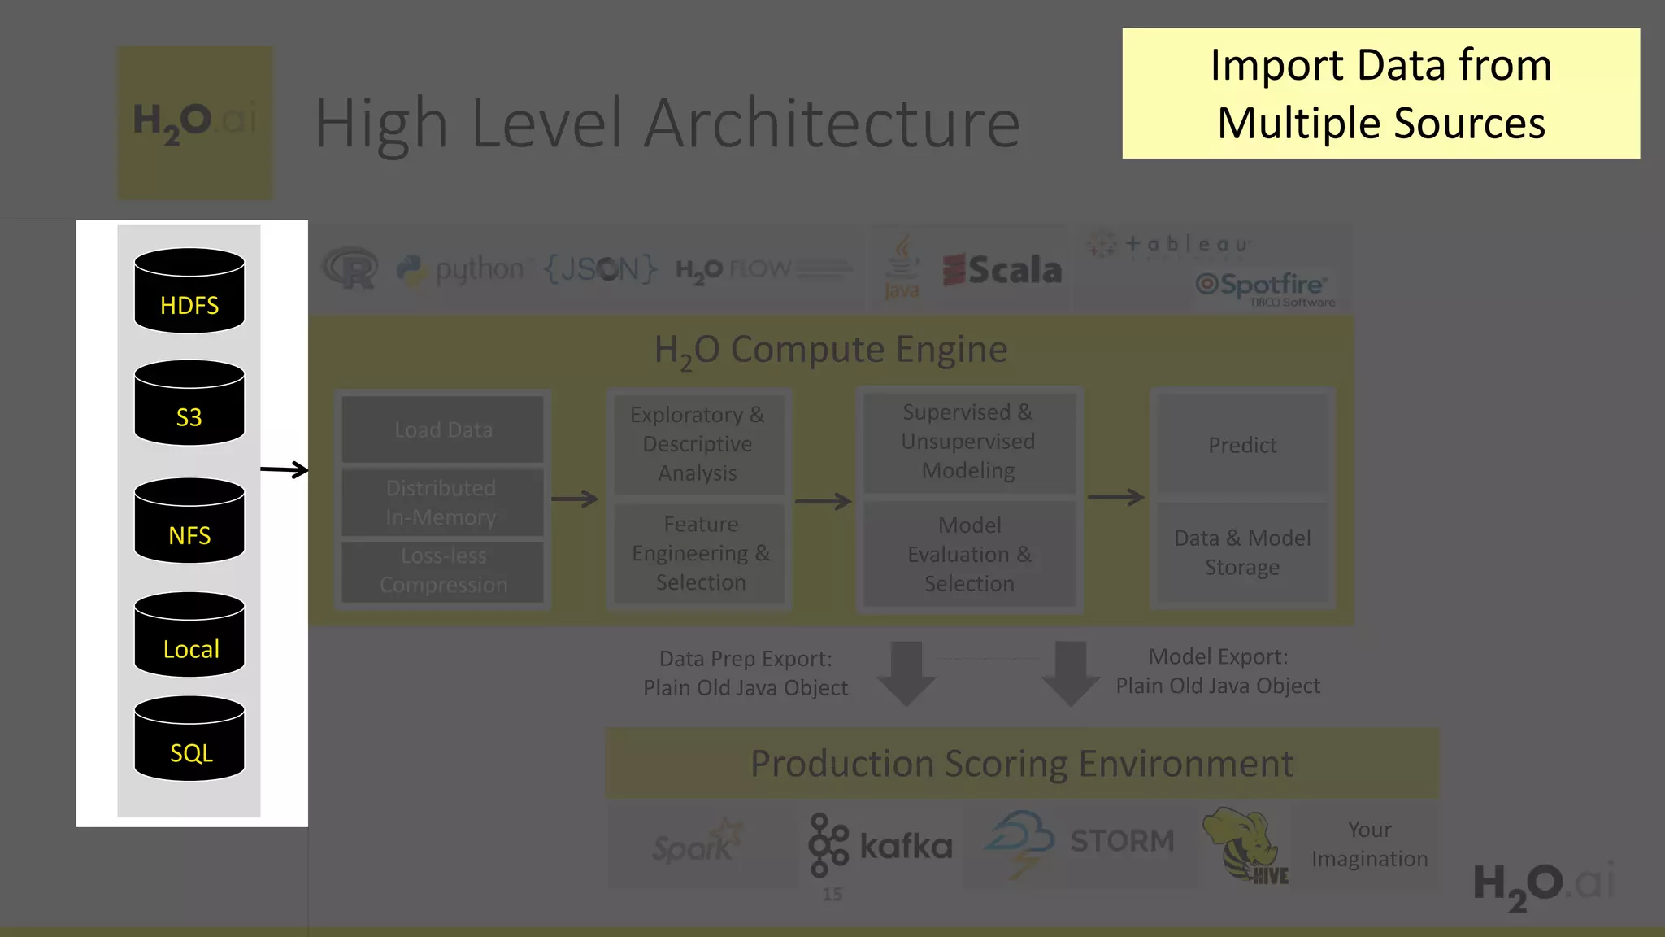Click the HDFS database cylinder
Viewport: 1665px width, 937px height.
point(189,290)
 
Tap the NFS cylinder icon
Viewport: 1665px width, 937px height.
point(189,521)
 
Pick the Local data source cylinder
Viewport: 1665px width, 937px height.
point(189,634)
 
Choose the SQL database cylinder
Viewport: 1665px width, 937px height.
point(189,739)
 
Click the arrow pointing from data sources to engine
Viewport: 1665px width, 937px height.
point(285,469)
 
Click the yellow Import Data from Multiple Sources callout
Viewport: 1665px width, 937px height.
point(1380,94)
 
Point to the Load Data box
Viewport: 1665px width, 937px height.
point(443,429)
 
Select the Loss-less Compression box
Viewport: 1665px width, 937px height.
point(443,570)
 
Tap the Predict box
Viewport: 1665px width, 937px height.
point(1241,445)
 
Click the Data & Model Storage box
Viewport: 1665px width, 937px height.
point(1241,552)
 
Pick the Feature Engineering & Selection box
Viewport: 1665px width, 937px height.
point(700,553)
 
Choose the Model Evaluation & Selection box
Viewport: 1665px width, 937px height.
point(969,554)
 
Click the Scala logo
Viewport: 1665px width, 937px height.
point(1002,270)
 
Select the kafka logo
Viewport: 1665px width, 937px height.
point(880,846)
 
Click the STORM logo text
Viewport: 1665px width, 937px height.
point(1121,841)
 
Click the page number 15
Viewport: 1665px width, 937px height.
point(832,895)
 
